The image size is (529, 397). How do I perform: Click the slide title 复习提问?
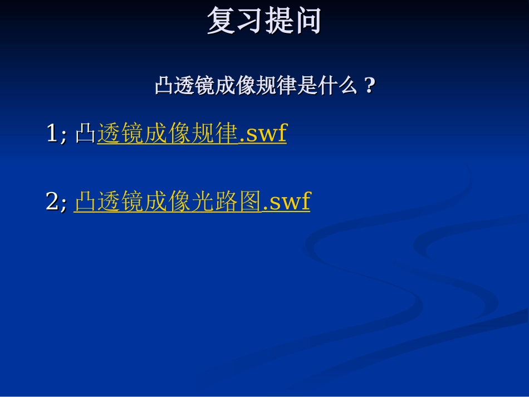[264, 22]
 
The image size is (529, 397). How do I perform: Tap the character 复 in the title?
[221, 22]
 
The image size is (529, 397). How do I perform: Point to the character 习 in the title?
[250, 22]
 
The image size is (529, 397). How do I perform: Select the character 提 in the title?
[279, 22]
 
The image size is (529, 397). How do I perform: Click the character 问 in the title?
[308, 22]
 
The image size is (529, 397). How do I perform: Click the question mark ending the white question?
[368, 86]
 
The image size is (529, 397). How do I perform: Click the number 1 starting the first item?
[51, 134]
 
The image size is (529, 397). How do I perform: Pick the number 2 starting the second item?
[51, 202]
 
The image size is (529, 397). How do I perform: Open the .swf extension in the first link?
[263, 134]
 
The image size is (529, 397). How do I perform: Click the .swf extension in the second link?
[286, 202]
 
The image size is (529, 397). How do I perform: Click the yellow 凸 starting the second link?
[85, 202]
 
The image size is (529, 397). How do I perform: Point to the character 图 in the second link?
[251, 202]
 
